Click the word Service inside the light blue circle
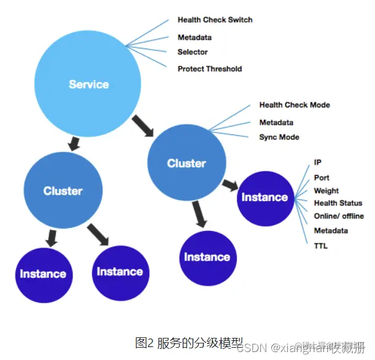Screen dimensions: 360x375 pyautogui.click(x=88, y=84)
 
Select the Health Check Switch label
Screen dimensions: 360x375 pyautogui.click(x=215, y=20)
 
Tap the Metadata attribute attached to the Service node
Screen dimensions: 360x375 pyautogui.click(x=195, y=37)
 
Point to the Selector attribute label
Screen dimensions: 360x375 pyautogui.click(x=193, y=52)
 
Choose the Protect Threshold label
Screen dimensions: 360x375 pyautogui.click(x=209, y=69)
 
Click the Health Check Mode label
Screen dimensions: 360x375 pyautogui.click(x=294, y=105)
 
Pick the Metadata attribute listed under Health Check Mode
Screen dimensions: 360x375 pyautogui.click(x=276, y=122)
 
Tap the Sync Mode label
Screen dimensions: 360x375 pyautogui.click(x=279, y=137)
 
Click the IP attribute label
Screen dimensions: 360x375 pyautogui.click(x=317, y=163)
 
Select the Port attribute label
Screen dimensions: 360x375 pyautogui.click(x=322, y=178)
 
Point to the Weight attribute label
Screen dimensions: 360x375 pyautogui.click(x=326, y=190)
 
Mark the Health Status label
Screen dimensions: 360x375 pyautogui.click(x=338, y=203)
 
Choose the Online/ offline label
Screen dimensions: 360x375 pyautogui.click(x=339, y=216)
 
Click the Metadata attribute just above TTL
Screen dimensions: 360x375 pyautogui.click(x=331, y=230)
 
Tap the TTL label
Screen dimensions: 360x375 pyautogui.click(x=320, y=246)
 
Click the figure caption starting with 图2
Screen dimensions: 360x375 pyautogui.click(x=189, y=342)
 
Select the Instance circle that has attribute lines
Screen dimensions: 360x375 pyautogui.click(x=265, y=197)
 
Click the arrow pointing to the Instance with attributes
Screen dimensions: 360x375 pyautogui.click(x=230, y=184)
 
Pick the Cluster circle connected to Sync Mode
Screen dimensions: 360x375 pyautogui.click(x=186, y=163)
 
